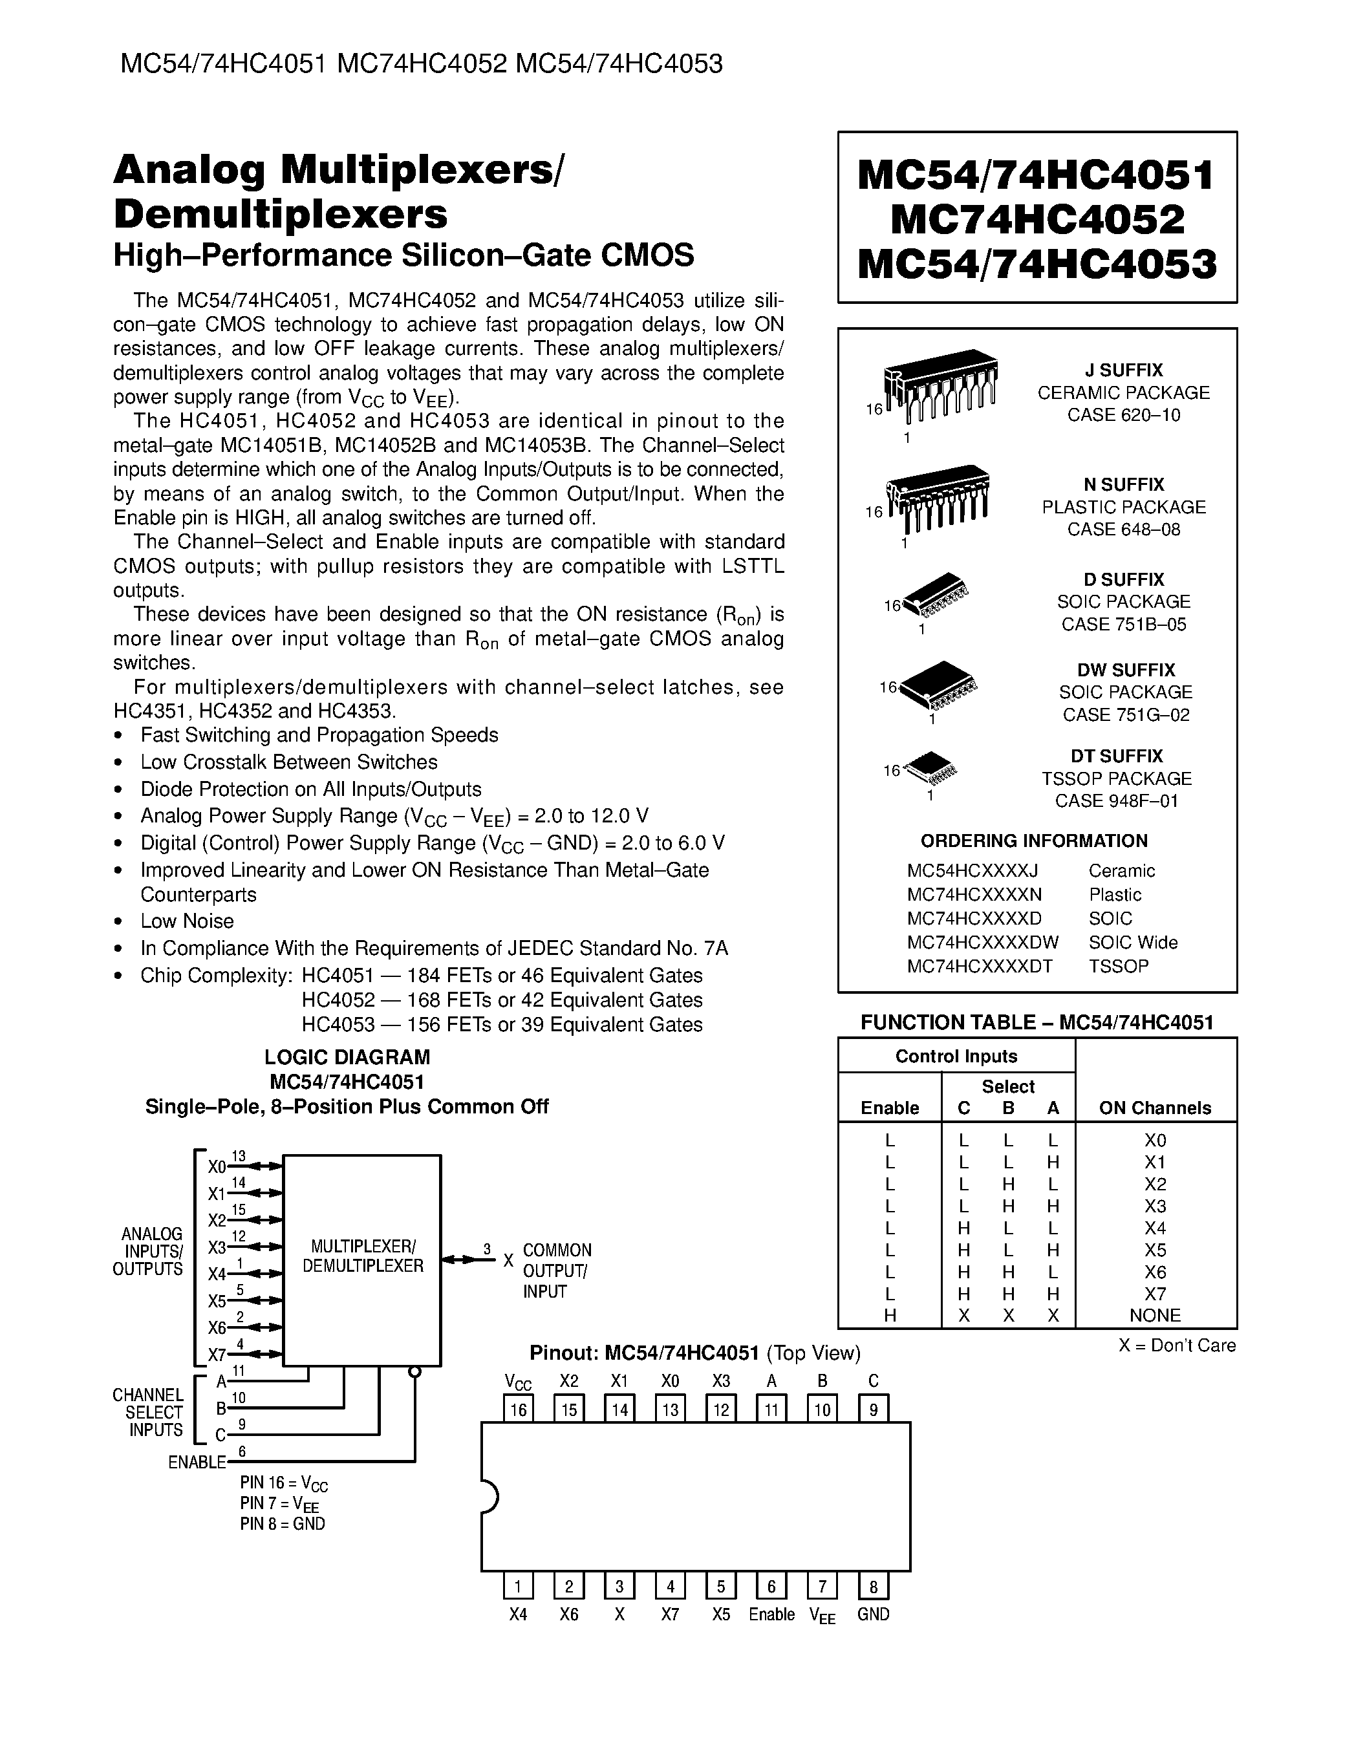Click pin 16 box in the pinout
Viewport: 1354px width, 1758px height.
point(518,1410)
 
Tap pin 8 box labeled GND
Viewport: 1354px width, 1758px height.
point(873,1587)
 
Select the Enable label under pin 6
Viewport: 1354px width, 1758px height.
point(771,1614)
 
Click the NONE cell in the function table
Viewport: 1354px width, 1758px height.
point(1154,1315)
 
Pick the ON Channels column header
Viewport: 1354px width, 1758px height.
point(1154,1108)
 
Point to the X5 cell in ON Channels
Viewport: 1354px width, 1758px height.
point(1154,1250)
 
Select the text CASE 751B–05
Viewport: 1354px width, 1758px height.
point(1123,625)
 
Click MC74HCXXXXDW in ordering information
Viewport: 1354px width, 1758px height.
point(982,942)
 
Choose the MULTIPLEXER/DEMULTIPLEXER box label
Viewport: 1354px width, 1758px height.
point(362,1256)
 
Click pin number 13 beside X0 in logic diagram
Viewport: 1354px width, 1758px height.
point(239,1156)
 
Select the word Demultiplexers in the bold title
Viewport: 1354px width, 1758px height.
point(280,214)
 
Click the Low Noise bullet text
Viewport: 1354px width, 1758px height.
point(187,921)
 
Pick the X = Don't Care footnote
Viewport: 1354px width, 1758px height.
point(1176,1345)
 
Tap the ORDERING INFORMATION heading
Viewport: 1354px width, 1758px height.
point(1034,841)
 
